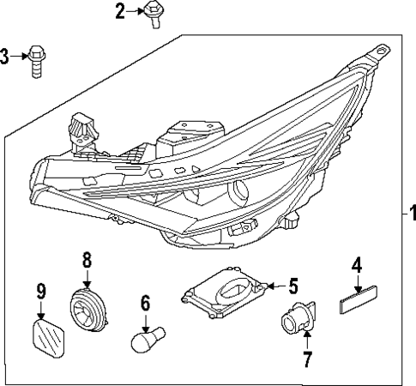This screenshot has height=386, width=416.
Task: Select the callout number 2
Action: pos(120,10)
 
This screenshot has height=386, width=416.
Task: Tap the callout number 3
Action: pos(5,57)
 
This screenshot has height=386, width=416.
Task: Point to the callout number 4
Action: pos(355,266)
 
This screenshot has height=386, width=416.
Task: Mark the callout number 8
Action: pos(87,258)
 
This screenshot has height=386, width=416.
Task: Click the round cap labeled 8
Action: pos(87,306)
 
